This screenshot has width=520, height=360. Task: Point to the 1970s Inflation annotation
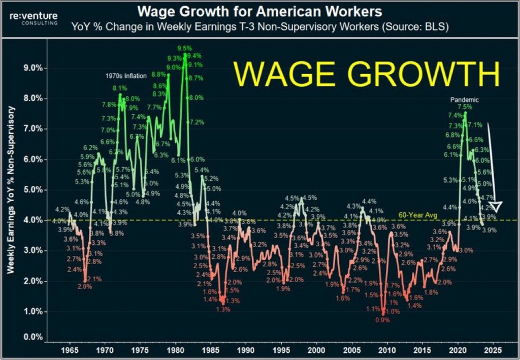point(126,76)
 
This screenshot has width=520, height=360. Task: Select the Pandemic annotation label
point(464,100)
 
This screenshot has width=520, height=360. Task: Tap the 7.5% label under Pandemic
point(465,107)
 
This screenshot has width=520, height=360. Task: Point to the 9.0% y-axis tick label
point(28,68)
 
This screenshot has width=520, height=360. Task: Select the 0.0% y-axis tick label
point(28,337)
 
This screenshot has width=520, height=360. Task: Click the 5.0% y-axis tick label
point(28,190)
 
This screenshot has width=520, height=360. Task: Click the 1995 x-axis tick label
point(281,350)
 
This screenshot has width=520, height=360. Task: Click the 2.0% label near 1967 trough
point(85,287)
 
